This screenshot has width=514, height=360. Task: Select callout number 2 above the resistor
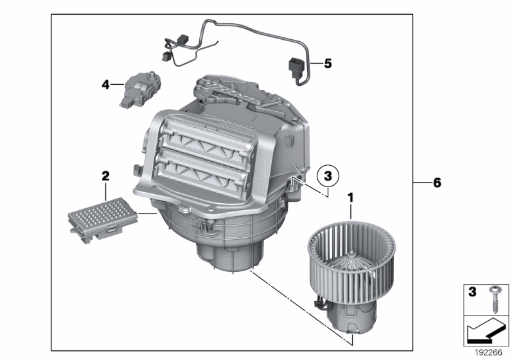[105, 175]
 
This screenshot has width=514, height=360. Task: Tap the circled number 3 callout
[328, 175]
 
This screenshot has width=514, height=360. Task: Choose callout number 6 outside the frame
[437, 183]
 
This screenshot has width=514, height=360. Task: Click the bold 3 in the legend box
[472, 292]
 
